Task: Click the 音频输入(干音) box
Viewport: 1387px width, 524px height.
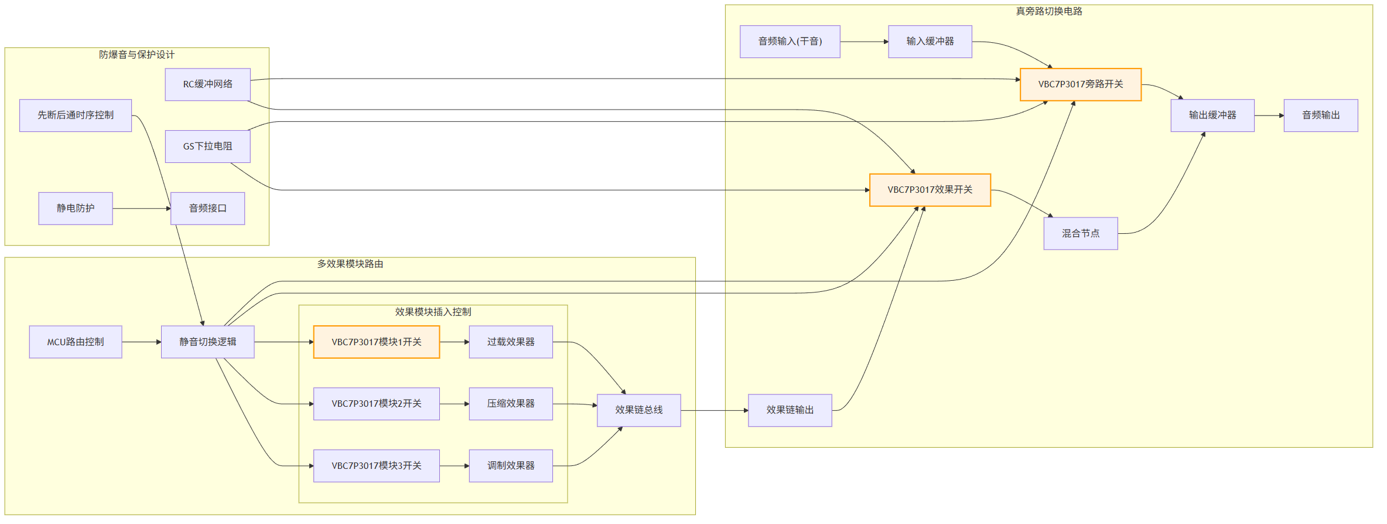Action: click(790, 42)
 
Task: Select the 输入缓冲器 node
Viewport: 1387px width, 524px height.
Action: click(930, 42)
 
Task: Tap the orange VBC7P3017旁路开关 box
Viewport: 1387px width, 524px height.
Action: click(1080, 84)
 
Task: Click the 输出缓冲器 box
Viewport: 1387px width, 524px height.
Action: click(1212, 115)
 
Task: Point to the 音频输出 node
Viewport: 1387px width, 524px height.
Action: click(1320, 115)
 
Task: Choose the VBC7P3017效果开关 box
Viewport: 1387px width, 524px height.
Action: click(930, 190)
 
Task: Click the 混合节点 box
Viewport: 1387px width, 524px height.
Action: click(1080, 233)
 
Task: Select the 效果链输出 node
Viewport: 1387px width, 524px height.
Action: click(790, 410)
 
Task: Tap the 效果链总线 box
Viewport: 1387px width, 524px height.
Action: click(638, 410)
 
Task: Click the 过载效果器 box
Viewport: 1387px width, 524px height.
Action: click(510, 342)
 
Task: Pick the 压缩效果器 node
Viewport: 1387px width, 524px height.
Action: click(510, 404)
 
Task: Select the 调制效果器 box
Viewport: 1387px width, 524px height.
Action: click(510, 466)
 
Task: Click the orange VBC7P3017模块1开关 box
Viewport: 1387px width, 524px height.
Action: click(376, 342)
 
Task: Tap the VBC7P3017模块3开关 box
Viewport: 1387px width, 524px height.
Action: click(376, 466)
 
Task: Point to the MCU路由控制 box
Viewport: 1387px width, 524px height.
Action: click(76, 342)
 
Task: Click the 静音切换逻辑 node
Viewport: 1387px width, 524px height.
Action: click(207, 342)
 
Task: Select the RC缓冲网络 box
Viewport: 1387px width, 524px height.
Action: click(207, 84)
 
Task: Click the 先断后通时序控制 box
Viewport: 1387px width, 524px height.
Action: click(76, 115)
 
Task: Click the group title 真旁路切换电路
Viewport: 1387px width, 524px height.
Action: click(1048, 11)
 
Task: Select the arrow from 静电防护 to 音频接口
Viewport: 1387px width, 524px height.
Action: click(141, 209)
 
